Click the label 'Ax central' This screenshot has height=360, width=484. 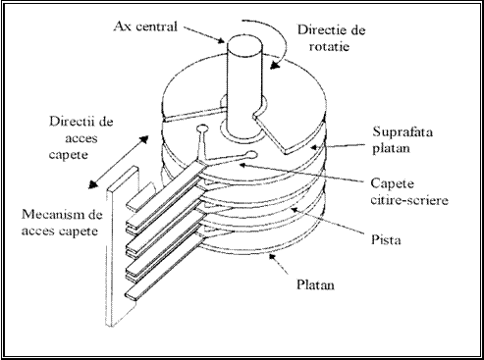(x=145, y=26)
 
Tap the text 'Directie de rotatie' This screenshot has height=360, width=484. (x=331, y=38)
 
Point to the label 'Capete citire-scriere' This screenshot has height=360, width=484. (x=409, y=191)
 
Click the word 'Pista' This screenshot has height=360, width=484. (x=386, y=239)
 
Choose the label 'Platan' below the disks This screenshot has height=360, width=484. (x=315, y=284)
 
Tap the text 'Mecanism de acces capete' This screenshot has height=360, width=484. (x=62, y=223)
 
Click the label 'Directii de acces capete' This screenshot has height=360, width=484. (x=81, y=137)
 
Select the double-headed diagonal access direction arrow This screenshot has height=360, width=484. (x=119, y=162)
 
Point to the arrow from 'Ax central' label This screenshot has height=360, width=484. (x=204, y=34)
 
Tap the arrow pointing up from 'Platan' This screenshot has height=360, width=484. (x=278, y=264)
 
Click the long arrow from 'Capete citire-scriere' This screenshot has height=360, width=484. (x=301, y=172)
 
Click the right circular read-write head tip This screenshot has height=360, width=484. (x=252, y=154)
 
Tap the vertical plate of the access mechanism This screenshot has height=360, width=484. (x=122, y=247)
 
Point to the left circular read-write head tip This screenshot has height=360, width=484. (x=202, y=129)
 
